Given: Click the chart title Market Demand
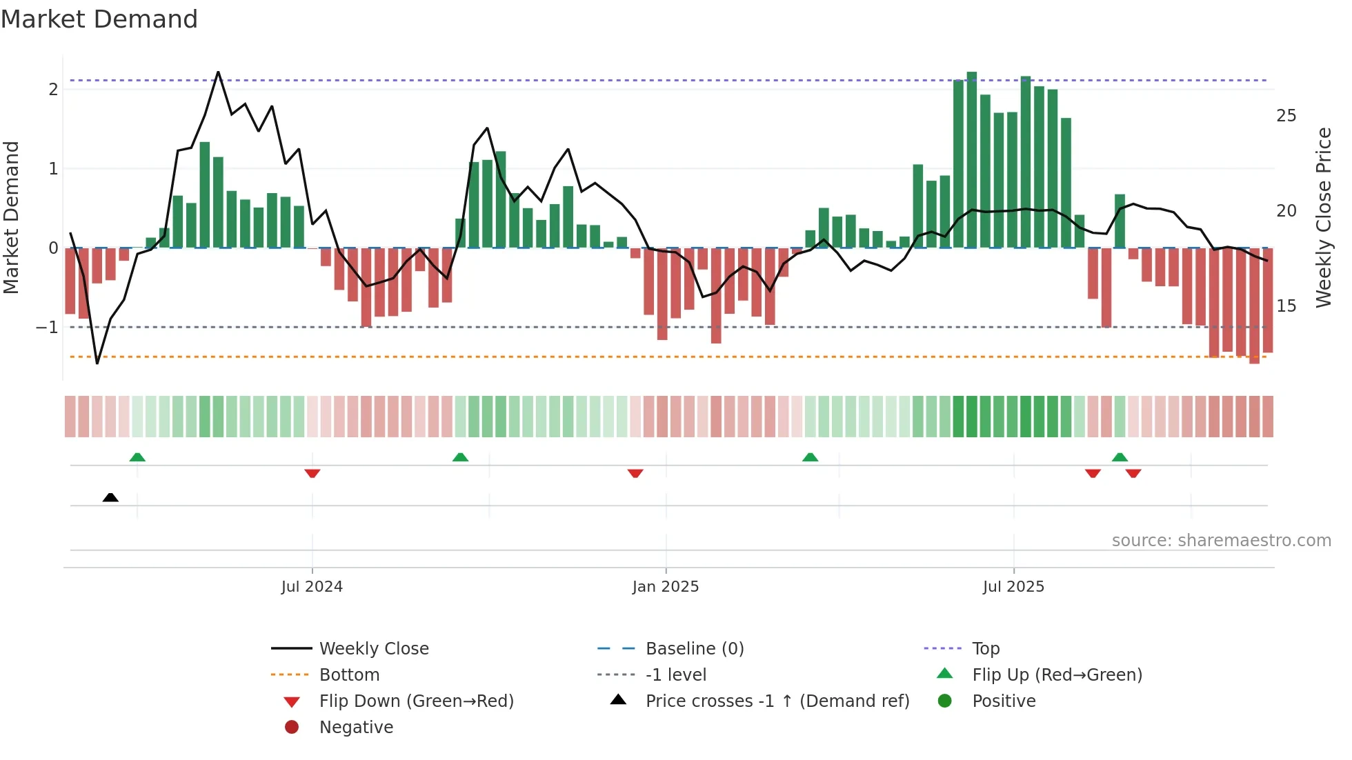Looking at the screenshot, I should point(99,19).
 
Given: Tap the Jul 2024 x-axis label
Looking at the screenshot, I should point(312,587).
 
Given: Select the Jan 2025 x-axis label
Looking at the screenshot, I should point(666,587).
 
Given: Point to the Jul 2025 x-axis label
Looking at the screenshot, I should point(1013,587).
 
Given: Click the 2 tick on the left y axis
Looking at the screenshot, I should point(53,89).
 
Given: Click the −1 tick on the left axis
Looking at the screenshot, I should point(48,328).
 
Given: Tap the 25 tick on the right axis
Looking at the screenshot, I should point(1286,116).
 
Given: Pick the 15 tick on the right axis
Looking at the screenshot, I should point(1286,306).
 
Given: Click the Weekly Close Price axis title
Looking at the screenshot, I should point(1324,217).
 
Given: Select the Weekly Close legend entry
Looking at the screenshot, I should point(373,649).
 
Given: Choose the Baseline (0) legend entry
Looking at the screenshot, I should point(694,649).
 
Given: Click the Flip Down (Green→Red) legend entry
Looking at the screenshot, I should point(416,701).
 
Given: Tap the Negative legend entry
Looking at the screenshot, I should point(356,728).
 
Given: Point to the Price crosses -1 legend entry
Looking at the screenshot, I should point(777,701).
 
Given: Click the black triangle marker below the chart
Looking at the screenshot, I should point(110,497).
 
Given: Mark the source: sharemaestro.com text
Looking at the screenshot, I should point(1221,541).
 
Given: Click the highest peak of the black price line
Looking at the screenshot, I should point(218,72).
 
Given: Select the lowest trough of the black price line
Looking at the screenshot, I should point(97,363).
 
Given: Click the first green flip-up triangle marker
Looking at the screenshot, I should point(137,457).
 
